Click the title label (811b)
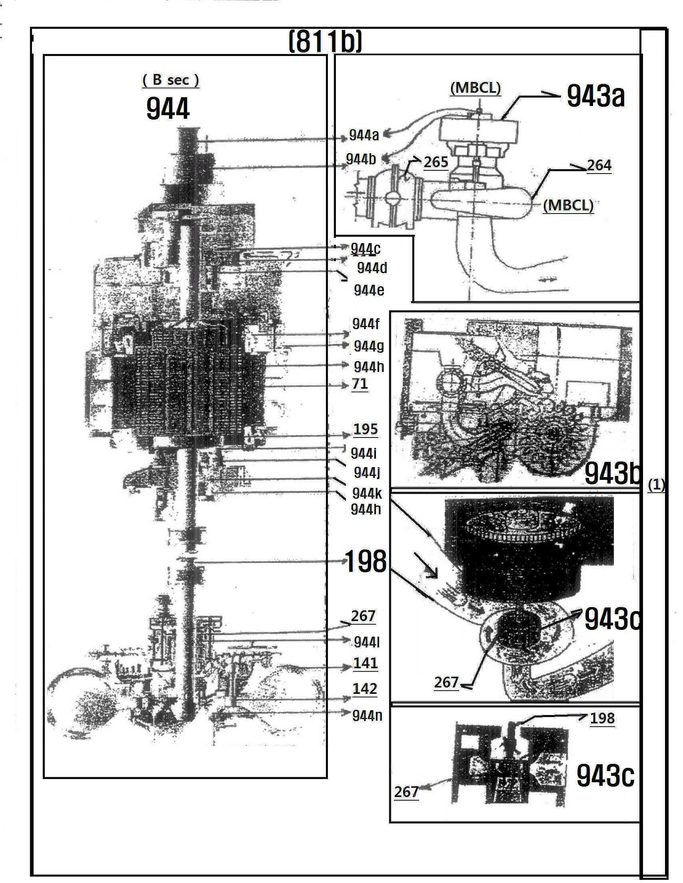pyautogui.click(x=325, y=42)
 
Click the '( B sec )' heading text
pyautogui.click(x=170, y=80)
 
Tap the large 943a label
pyautogui.click(x=595, y=96)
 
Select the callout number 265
pyautogui.click(x=436, y=162)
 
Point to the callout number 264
pyautogui.click(x=599, y=165)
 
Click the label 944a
pyautogui.click(x=364, y=135)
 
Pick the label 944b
pyautogui.click(x=361, y=159)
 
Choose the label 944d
pyautogui.click(x=372, y=268)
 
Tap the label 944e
pyautogui.click(x=369, y=290)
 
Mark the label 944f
pyautogui.click(x=366, y=324)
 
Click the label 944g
pyautogui.click(x=369, y=346)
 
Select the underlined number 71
pyautogui.click(x=359, y=383)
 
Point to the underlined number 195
pyautogui.click(x=365, y=429)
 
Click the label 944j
pyautogui.click(x=367, y=472)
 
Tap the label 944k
pyautogui.click(x=367, y=493)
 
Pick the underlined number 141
pyautogui.click(x=365, y=663)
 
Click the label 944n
pyautogui.click(x=367, y=715)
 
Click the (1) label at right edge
pyautogui.click(x=656, y=485)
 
